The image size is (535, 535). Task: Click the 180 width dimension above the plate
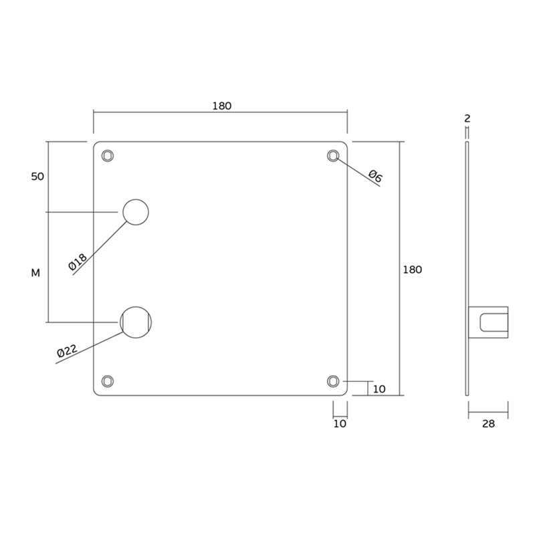click(222, 106)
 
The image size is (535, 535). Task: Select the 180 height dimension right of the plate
click(413, 270)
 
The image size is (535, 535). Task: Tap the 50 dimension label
click(37, 177)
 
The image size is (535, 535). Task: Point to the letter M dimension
click(35, 273)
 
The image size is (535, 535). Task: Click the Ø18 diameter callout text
click(78, 261)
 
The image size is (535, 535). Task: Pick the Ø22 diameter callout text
click(68, 350)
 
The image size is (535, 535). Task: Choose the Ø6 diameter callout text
click(376, 176)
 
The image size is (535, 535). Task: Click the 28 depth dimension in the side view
click(488, 424)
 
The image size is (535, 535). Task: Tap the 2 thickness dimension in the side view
click(467, 118)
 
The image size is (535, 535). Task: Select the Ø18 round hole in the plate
click(136, 212)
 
